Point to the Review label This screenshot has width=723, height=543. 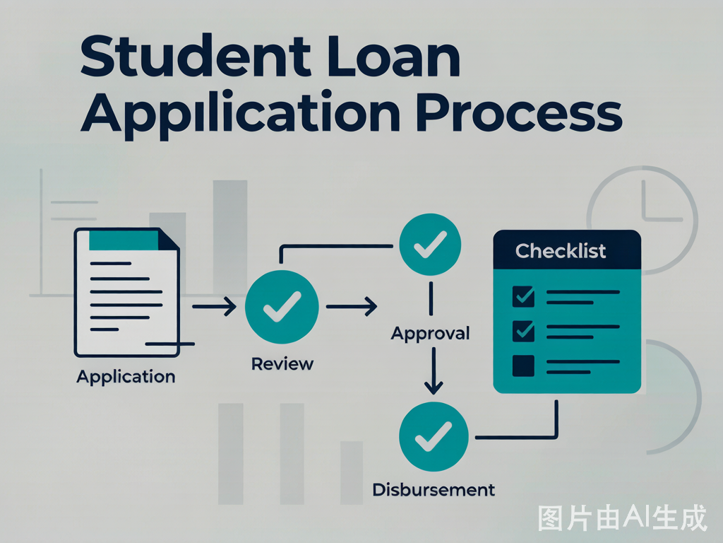pos(282,364)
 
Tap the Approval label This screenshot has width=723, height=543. pos(430,334)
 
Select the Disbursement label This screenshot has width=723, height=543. pos(434,489)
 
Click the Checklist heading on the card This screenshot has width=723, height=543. pos(560,251)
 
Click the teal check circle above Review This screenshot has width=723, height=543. pos(282,307)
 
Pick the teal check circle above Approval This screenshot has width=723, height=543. pos(430,244)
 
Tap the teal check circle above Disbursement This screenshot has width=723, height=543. pos(434,436)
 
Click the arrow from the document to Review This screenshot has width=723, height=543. pos(215,306)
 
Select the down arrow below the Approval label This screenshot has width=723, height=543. pos(434,370)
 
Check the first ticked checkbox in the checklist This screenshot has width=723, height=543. pos(523,296)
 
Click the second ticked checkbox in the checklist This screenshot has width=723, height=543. pos(523,331)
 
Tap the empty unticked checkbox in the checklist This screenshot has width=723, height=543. pos(523,366)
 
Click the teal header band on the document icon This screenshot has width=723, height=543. pos(124,240)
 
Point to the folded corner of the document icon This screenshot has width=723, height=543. pos(169,240)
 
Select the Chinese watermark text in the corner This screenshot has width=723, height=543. pos(622,518)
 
